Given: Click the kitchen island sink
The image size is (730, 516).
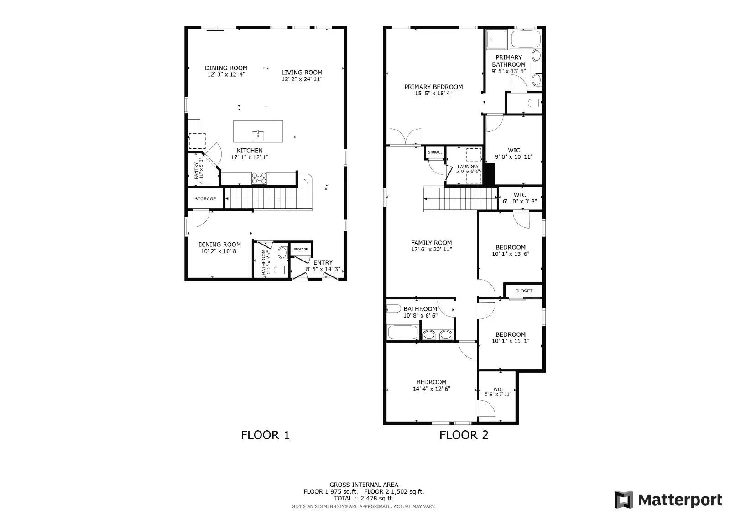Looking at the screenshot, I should pos(258,136).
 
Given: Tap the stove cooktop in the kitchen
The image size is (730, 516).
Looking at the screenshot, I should pos(259,178).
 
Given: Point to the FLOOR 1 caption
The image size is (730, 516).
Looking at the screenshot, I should pos(265,435).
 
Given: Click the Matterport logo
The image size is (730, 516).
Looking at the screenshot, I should pos(668,500).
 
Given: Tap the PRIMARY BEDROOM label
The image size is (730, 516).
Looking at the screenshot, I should pos(433,87).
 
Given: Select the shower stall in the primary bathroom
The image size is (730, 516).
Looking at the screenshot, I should pos(496,39).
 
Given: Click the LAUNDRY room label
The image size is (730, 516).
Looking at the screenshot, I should pos(468,167).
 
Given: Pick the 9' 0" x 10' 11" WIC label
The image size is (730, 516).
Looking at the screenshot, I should pos(514,154).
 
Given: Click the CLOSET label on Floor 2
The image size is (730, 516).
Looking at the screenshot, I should pos(523,291).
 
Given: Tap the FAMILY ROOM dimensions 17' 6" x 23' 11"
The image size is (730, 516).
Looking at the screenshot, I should pos(431,250).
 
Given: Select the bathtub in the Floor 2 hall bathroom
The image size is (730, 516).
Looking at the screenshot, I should pos(402,332).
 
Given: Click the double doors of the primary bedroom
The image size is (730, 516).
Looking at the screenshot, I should pos(405,137).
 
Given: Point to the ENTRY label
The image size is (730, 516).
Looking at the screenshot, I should pos(323,262).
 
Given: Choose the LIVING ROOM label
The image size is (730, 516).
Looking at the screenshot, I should pos(302,73).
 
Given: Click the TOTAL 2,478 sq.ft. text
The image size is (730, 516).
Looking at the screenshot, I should pos(364,498).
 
